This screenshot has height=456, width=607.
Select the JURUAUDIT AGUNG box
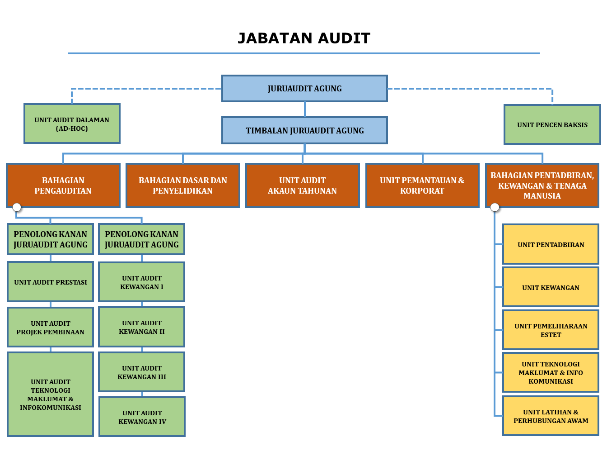[x=304, y=88]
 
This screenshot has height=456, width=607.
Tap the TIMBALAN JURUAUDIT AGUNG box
[x=304, y=130]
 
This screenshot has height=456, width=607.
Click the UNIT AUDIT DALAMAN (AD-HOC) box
[x=72, y=123]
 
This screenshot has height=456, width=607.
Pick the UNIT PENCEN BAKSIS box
[x=552, y=124]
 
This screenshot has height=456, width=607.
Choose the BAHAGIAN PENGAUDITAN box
[x=63, y=185]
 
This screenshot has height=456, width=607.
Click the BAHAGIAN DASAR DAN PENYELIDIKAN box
[x=182, y=185]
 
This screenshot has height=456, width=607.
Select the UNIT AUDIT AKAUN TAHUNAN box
[x=302, y=185]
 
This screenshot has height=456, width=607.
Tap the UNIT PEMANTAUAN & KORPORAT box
[x=422, y=185]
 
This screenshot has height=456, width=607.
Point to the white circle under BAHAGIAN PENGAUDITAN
[x=17, y=207]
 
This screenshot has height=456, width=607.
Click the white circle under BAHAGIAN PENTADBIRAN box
[x=495, y=207]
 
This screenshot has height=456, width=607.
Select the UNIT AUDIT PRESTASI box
[x=50, y=281]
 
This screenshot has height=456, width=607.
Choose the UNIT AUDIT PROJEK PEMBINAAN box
[x=50, y=327]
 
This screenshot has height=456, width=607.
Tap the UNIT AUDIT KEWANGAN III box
[x=141, y=372]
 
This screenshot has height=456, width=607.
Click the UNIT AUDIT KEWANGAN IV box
[x=142, y=417]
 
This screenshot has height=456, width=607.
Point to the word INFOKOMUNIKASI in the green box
[x=50, y=407]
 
